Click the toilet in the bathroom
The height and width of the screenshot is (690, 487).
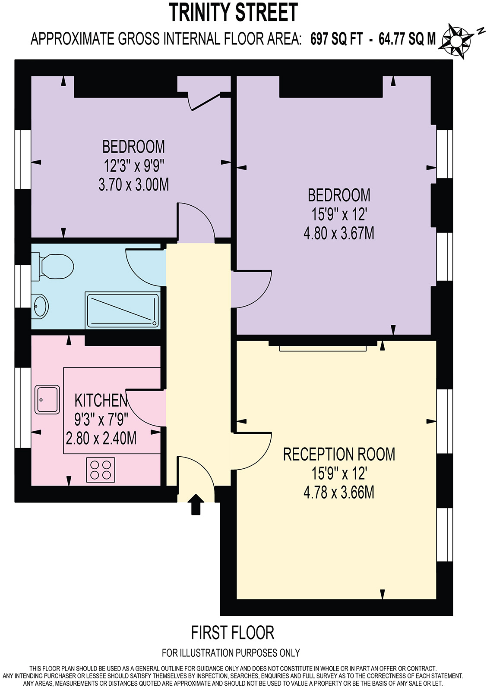[52, 266]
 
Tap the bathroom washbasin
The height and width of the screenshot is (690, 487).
[40, 305]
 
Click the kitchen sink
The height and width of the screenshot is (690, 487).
[47, 399]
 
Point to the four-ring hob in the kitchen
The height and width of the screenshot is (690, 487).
[101, 470]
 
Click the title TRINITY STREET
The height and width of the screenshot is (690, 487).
[233, 12]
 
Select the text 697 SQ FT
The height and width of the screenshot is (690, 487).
[336, 39]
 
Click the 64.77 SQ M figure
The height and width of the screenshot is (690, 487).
[407, 39]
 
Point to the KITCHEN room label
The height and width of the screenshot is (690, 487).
[101, 400]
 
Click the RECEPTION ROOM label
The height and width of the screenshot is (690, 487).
[339, 454]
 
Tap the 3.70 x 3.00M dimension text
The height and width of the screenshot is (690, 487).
[133, 185]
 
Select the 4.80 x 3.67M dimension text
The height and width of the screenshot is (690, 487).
[338, 233]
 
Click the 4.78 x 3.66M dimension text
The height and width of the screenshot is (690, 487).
[338, 492]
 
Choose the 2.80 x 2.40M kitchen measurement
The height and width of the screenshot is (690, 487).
[101, 438]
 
